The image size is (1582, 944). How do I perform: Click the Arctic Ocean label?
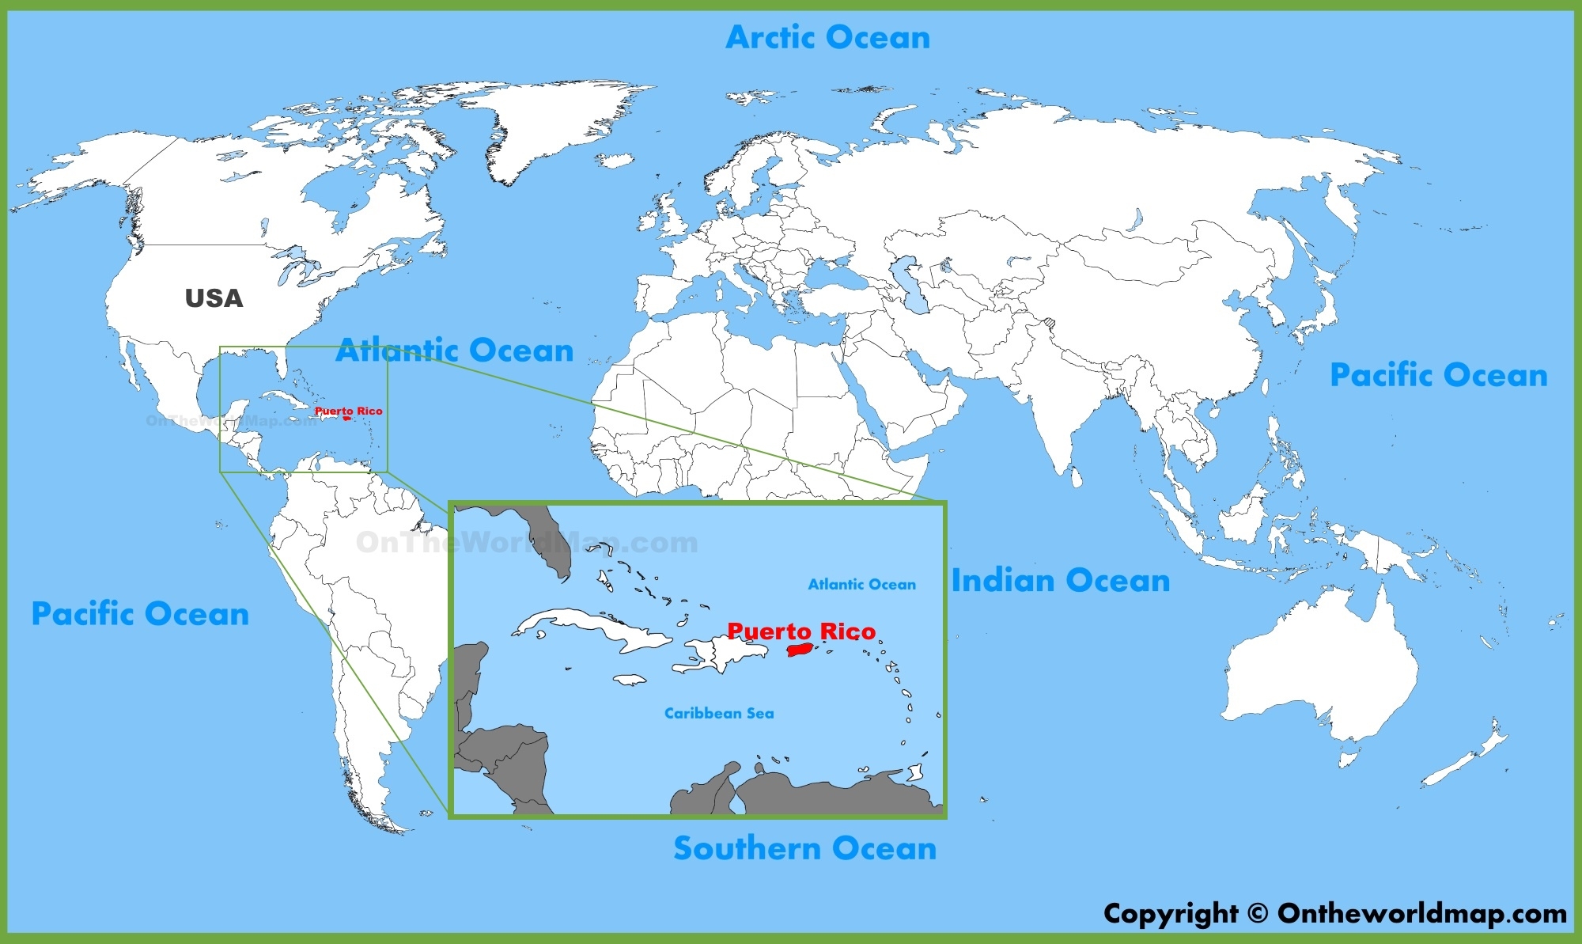point(827,37)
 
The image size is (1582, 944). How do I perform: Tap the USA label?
point(214,298)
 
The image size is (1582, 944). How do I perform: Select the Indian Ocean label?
point(1060,581)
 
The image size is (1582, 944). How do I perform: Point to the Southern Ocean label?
point(804,848)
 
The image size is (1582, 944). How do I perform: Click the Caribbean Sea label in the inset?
point(718,713)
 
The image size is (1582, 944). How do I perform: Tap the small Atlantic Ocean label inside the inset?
point(861,585)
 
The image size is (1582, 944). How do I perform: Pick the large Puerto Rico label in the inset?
point(801,631)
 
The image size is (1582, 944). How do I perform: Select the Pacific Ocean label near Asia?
point(1438,375)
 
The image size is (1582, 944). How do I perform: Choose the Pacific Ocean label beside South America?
point(140,614)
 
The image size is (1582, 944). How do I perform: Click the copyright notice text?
point(1334,913)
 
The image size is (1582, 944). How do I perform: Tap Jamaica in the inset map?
point(630,679)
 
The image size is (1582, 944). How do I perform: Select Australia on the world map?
point(1321,673)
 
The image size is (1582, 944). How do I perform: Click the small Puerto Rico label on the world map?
point(348,411)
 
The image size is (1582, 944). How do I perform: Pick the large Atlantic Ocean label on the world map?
point(455,350)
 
